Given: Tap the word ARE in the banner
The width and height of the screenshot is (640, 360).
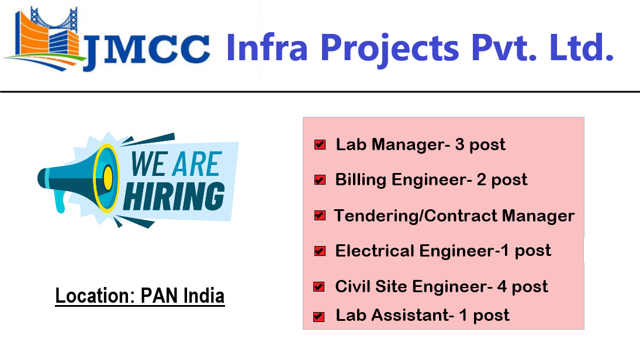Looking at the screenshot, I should click(x=196, y=165).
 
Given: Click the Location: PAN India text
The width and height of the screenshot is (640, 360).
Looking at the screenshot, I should click(x=140, y=296).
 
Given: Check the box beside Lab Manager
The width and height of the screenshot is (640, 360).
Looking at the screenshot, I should click(x=320, y=145).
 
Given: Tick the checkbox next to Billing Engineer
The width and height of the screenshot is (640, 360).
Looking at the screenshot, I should click(x=320, y=180).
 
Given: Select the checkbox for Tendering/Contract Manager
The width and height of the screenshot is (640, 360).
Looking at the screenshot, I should click(x=320, y=216).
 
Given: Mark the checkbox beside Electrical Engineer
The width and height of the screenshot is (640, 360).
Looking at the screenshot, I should click(x=320, y=251).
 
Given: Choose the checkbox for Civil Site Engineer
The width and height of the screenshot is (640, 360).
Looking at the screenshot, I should click(x=319, y=287).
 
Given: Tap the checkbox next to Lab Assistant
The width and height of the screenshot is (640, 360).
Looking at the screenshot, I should click(x=319, y=317).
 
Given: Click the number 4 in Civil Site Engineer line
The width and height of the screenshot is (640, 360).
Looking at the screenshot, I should click(x=501, y=287).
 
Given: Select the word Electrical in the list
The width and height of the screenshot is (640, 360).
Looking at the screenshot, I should click(x=374, y=251).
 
